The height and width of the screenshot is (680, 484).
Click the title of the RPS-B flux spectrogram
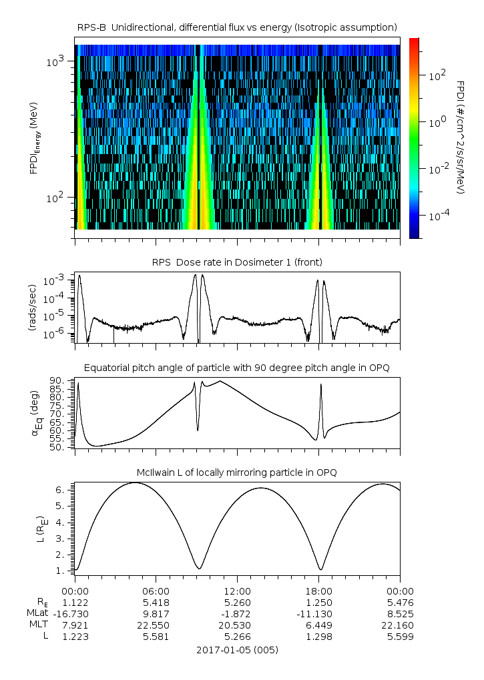pyautogui.click(x=237, y=27)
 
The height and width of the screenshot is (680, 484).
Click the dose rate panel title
pyautogui.click(x=237, y=262)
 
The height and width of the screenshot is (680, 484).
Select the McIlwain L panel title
pyautogui.click(x=237, y=472)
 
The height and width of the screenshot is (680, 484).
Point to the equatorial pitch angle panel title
pyautogui.click(x=237, y=368)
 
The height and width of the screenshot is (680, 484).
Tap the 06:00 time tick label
pyautogui.click(x=156, y=591)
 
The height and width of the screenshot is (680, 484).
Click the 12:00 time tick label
pyautogui.click(x=237, y=591)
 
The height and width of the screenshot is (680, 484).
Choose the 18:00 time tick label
pyautogui.click(x=318, y=591)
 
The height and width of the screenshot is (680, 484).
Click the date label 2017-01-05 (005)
pyautogui.click(x=237, y=649)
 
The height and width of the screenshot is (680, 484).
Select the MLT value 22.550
pyautogui.click(x=156, y=625)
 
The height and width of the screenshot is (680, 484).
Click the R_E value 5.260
pyautogui.click(x=237, y=603)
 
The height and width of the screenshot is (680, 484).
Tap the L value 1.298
pyautogui.click(x=318, y=637)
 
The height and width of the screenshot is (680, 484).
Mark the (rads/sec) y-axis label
pyautogui.click(x=31, y=307)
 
